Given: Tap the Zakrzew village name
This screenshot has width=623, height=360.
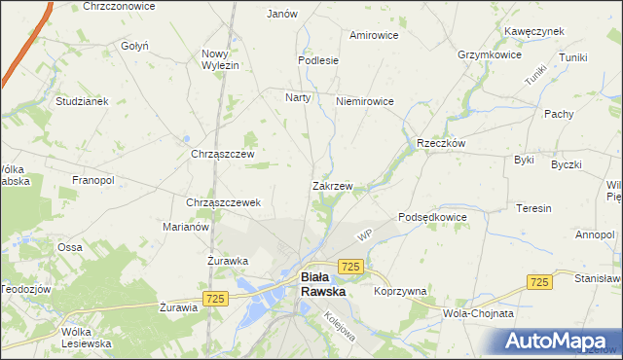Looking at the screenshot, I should coord(332,185).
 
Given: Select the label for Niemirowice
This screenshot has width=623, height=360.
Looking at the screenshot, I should coord(363,100).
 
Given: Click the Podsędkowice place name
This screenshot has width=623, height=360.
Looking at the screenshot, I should coord(433,217).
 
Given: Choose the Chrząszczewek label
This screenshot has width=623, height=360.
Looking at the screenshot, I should coord(223,202).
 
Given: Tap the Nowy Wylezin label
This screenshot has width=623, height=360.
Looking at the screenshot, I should coord(220,59).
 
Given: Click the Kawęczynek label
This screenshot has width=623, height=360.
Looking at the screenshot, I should coord(534,31).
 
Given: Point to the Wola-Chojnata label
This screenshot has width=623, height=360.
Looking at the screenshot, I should coord(478,313).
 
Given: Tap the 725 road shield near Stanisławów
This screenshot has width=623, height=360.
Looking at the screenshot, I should coord(538,280).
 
